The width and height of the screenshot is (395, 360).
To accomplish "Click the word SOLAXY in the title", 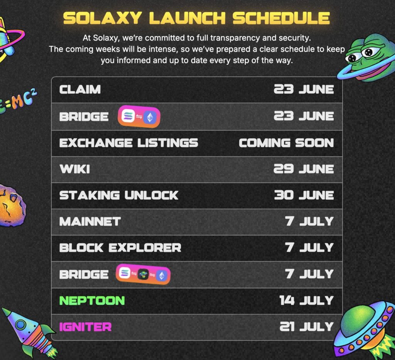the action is [x=102, y=18].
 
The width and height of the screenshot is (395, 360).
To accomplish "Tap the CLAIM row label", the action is [x=80, y=90].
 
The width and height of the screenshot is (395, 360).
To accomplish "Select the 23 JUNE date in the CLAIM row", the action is [x=304, y=90].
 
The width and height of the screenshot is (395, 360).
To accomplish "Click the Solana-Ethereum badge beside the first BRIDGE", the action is [x=139, y=117].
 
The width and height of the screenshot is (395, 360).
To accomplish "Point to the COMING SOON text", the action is [x=287, y=143].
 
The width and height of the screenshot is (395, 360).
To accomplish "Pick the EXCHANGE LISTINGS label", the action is [x=129, y=143].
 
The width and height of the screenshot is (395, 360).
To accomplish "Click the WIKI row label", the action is [x=75, y=169].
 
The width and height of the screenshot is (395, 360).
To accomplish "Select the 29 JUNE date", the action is [x=304, y=169].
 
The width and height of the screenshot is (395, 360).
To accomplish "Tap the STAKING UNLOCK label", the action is [x=119, y=195].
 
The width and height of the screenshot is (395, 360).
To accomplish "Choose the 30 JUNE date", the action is [x=304, y=195].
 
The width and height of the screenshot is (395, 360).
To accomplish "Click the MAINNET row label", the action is [x=90, y=222].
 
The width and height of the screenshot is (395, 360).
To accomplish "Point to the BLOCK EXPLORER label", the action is [x=120, y=248].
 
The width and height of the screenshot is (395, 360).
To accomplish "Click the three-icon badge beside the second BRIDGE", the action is [x=143, y=274].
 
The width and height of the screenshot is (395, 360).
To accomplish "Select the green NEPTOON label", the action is [x=92, y=301].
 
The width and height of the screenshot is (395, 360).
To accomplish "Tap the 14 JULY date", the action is [x=307, y=301].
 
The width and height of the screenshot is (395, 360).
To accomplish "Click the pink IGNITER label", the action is [x=85, y=327].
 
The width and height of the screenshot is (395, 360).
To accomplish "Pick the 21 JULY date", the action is [x=307, y=327].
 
